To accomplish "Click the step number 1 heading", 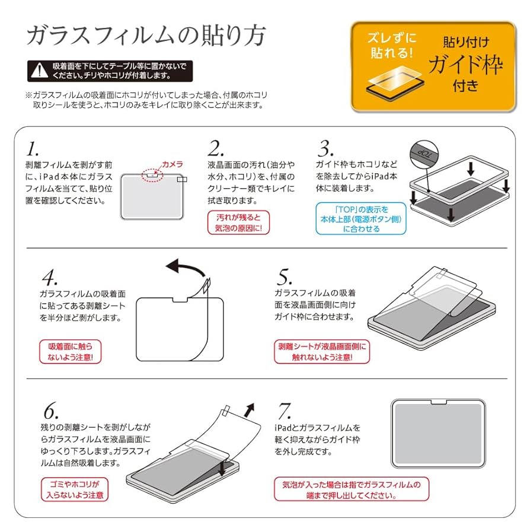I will coord(34,148).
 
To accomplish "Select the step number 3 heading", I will coord(325,148).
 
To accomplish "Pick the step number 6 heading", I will coord(50,411).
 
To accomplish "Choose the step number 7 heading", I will coord(285,411).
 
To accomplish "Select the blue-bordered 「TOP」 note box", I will coord(361,218).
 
